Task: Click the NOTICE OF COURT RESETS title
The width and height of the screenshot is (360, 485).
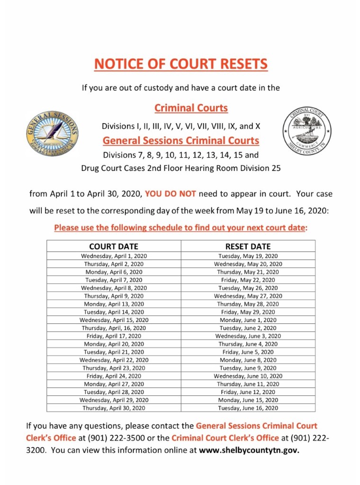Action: coord(180,64)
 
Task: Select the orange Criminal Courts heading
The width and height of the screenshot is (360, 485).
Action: coord(191,108)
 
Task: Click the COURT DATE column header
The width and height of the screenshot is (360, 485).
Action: coord(114,246)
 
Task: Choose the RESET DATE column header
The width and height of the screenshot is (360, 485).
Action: coord(248,246)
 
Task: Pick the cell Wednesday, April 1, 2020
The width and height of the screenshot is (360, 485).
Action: coord(114,256)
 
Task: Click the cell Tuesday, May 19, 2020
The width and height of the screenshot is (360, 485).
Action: coord(248,256)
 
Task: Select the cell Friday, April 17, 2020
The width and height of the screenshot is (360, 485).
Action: coord(114,336)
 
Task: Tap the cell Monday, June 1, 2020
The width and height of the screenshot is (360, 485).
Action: coord(248,320)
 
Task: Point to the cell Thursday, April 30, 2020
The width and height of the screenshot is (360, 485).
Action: coord(114,408)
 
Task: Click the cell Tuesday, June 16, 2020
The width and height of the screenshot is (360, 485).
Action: coord(248,408)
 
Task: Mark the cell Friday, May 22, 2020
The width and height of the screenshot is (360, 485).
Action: coord(248,280)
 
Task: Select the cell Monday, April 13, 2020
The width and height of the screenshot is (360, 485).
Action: coord(114,304)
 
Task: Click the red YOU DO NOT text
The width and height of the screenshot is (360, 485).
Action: coord(171,194)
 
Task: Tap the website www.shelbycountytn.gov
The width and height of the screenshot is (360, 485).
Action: coord(249,450)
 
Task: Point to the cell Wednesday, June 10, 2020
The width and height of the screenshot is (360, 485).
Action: coord(248,376)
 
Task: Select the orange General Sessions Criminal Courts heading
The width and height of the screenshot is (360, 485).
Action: coord(181,141)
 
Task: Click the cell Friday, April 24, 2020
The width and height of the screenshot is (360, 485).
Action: coord(114,376)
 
